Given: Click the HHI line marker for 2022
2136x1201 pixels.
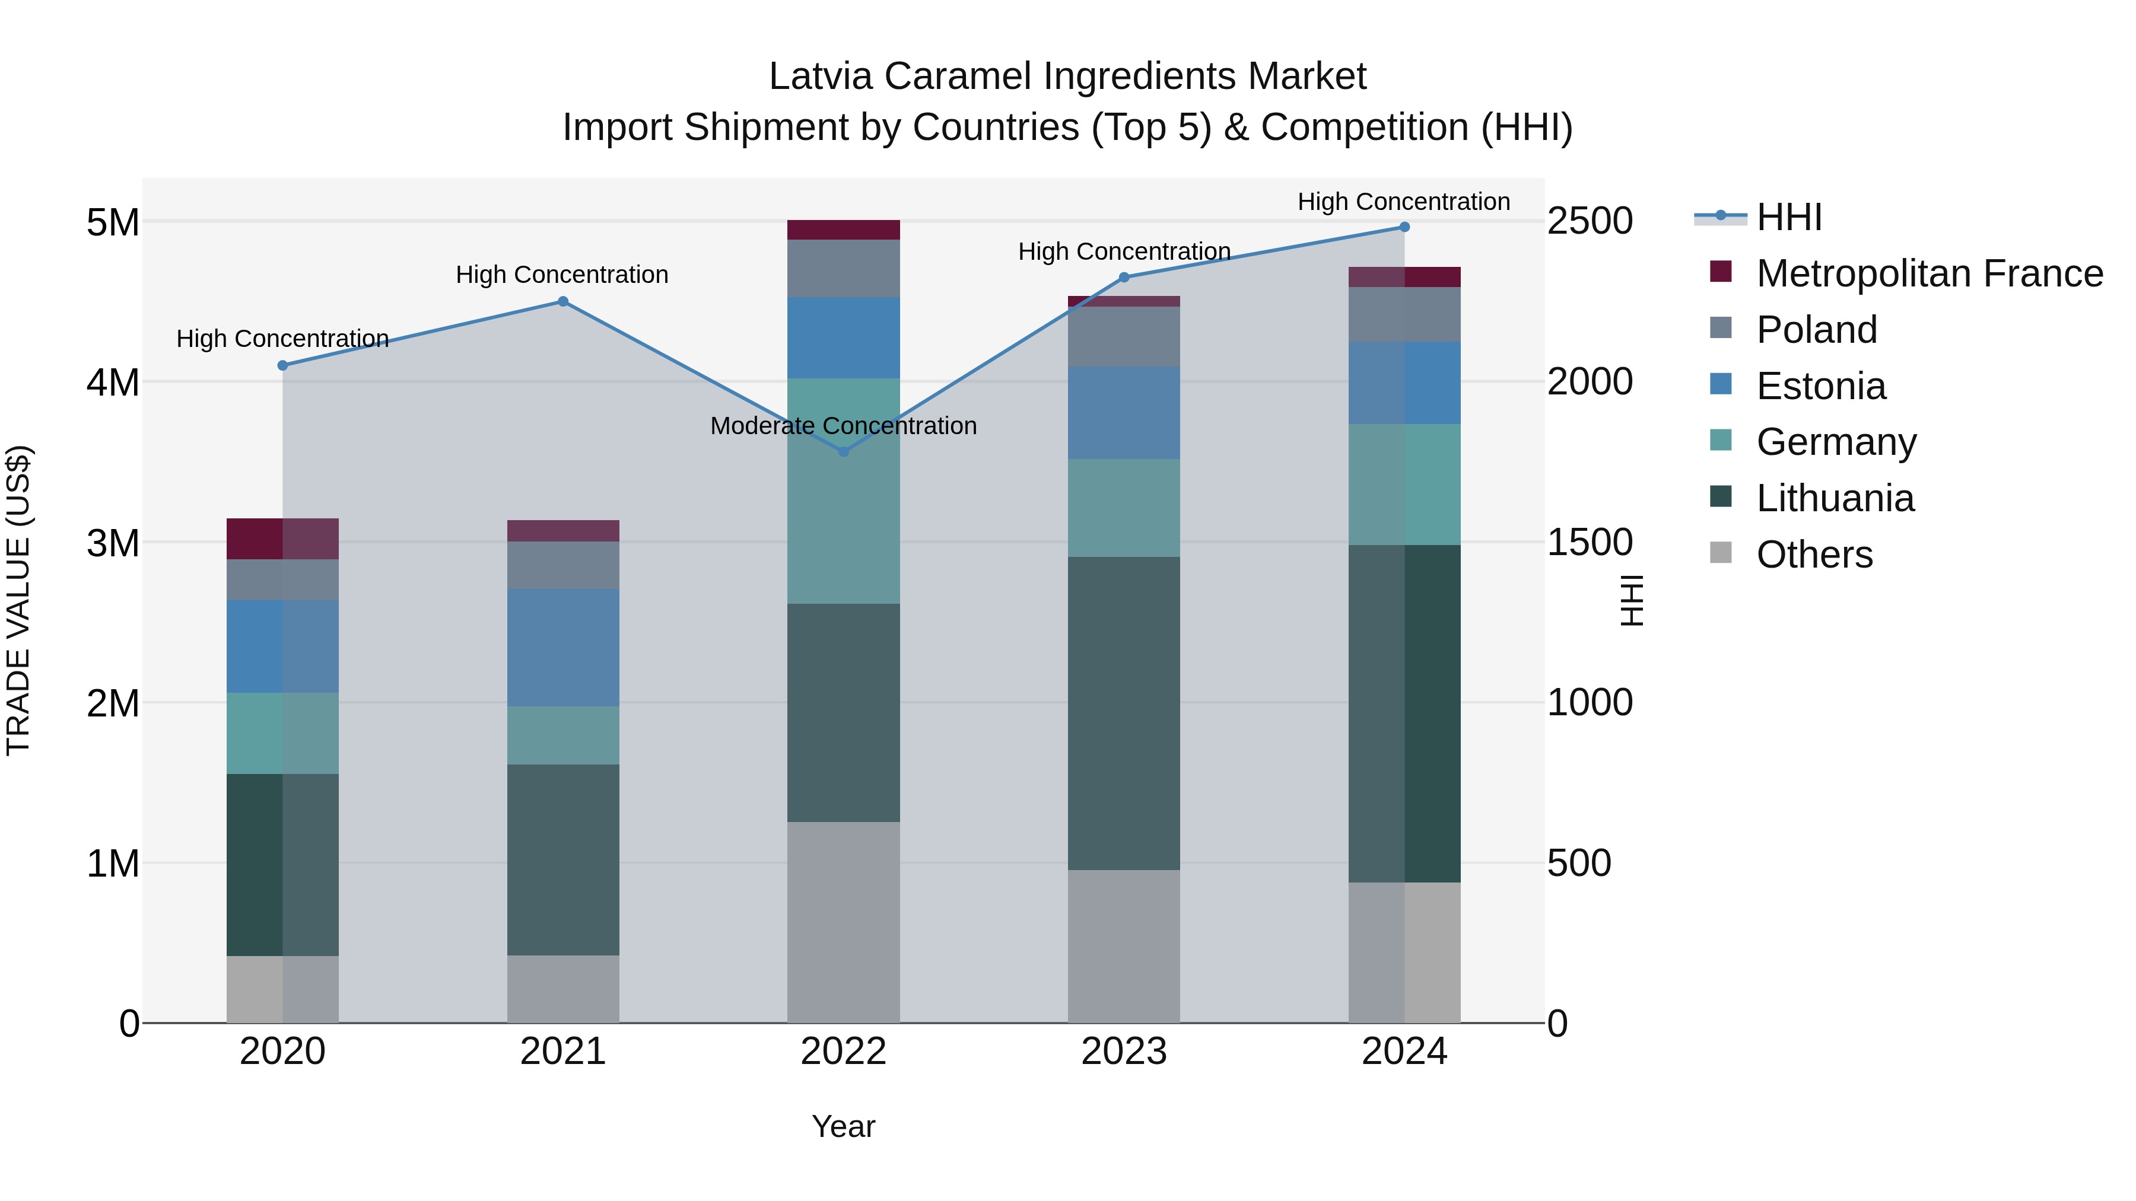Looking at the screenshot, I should coord(843,452).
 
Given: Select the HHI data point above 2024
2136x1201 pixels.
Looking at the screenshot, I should coord(1404,227).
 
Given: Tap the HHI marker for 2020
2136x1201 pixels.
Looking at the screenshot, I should coord(283,365).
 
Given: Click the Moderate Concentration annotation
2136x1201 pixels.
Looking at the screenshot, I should coord(843,426).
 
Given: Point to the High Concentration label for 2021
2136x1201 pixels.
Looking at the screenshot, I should coord(562,275).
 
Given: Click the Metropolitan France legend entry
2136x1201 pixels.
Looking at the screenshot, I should coord(1929,273).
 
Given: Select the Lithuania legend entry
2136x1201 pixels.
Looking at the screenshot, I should coord(1835,498).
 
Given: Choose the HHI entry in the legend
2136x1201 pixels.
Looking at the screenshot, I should coord(1788,217).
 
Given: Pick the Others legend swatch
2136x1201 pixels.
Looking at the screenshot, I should coord(1721,553).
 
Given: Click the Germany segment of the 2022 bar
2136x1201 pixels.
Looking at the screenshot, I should coord(843,490).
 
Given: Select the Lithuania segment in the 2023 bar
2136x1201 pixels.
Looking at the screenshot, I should coord(1124,713).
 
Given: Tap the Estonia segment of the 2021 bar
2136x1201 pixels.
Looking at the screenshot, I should coord(563,647).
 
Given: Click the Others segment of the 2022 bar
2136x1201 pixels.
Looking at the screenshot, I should coord(843,922).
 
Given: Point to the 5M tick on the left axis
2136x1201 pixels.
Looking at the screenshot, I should coord(113,222).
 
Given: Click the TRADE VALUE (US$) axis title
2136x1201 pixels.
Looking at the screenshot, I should coord(18,600).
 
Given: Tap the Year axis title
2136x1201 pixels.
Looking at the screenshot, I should coord(843,1126).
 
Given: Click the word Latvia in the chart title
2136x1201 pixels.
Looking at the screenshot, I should coord(820,77).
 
